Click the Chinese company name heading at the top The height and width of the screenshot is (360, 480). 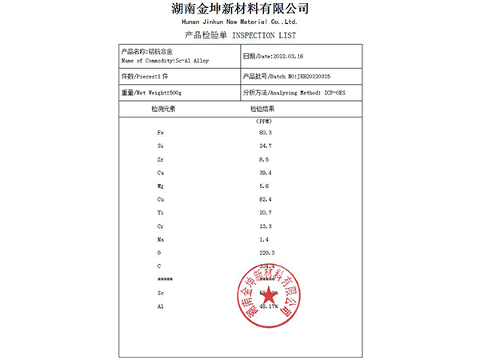[x=240, y=9]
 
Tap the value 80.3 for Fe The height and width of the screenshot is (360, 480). [x=266, y=131]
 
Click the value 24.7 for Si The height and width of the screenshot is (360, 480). [x=266, y=146]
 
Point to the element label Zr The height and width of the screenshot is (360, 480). [x=161, y=159]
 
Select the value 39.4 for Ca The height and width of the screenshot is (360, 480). [x=266, y=173]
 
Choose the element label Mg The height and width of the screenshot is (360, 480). [x=161, y=186]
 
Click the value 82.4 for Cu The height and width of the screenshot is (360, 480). [x=266, y=199]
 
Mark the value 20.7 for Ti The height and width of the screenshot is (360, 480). [x=266, y=213]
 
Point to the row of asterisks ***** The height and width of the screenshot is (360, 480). [x=166, y=279]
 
